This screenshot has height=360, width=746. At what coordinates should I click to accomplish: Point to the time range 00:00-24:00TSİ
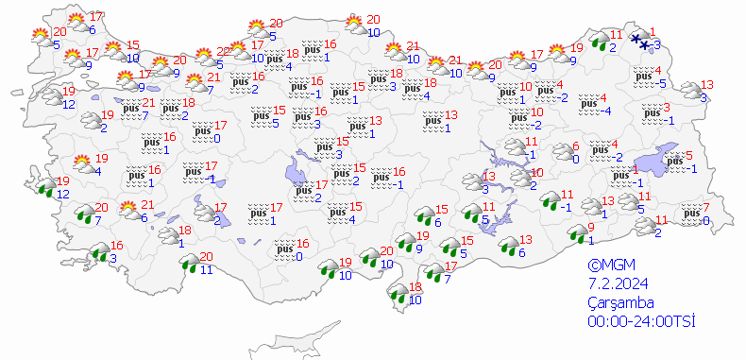click(640, 322)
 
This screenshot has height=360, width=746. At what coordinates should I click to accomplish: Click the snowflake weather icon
click(642, 40)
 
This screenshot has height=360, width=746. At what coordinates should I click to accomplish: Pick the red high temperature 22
click(224, 52)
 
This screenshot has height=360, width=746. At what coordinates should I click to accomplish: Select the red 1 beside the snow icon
click(653, 29)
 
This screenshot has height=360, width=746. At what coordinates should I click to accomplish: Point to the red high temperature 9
click(590, 227)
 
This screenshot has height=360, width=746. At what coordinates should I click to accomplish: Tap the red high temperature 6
click(574, 146)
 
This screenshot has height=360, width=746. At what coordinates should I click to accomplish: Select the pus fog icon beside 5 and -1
click(674, 162)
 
